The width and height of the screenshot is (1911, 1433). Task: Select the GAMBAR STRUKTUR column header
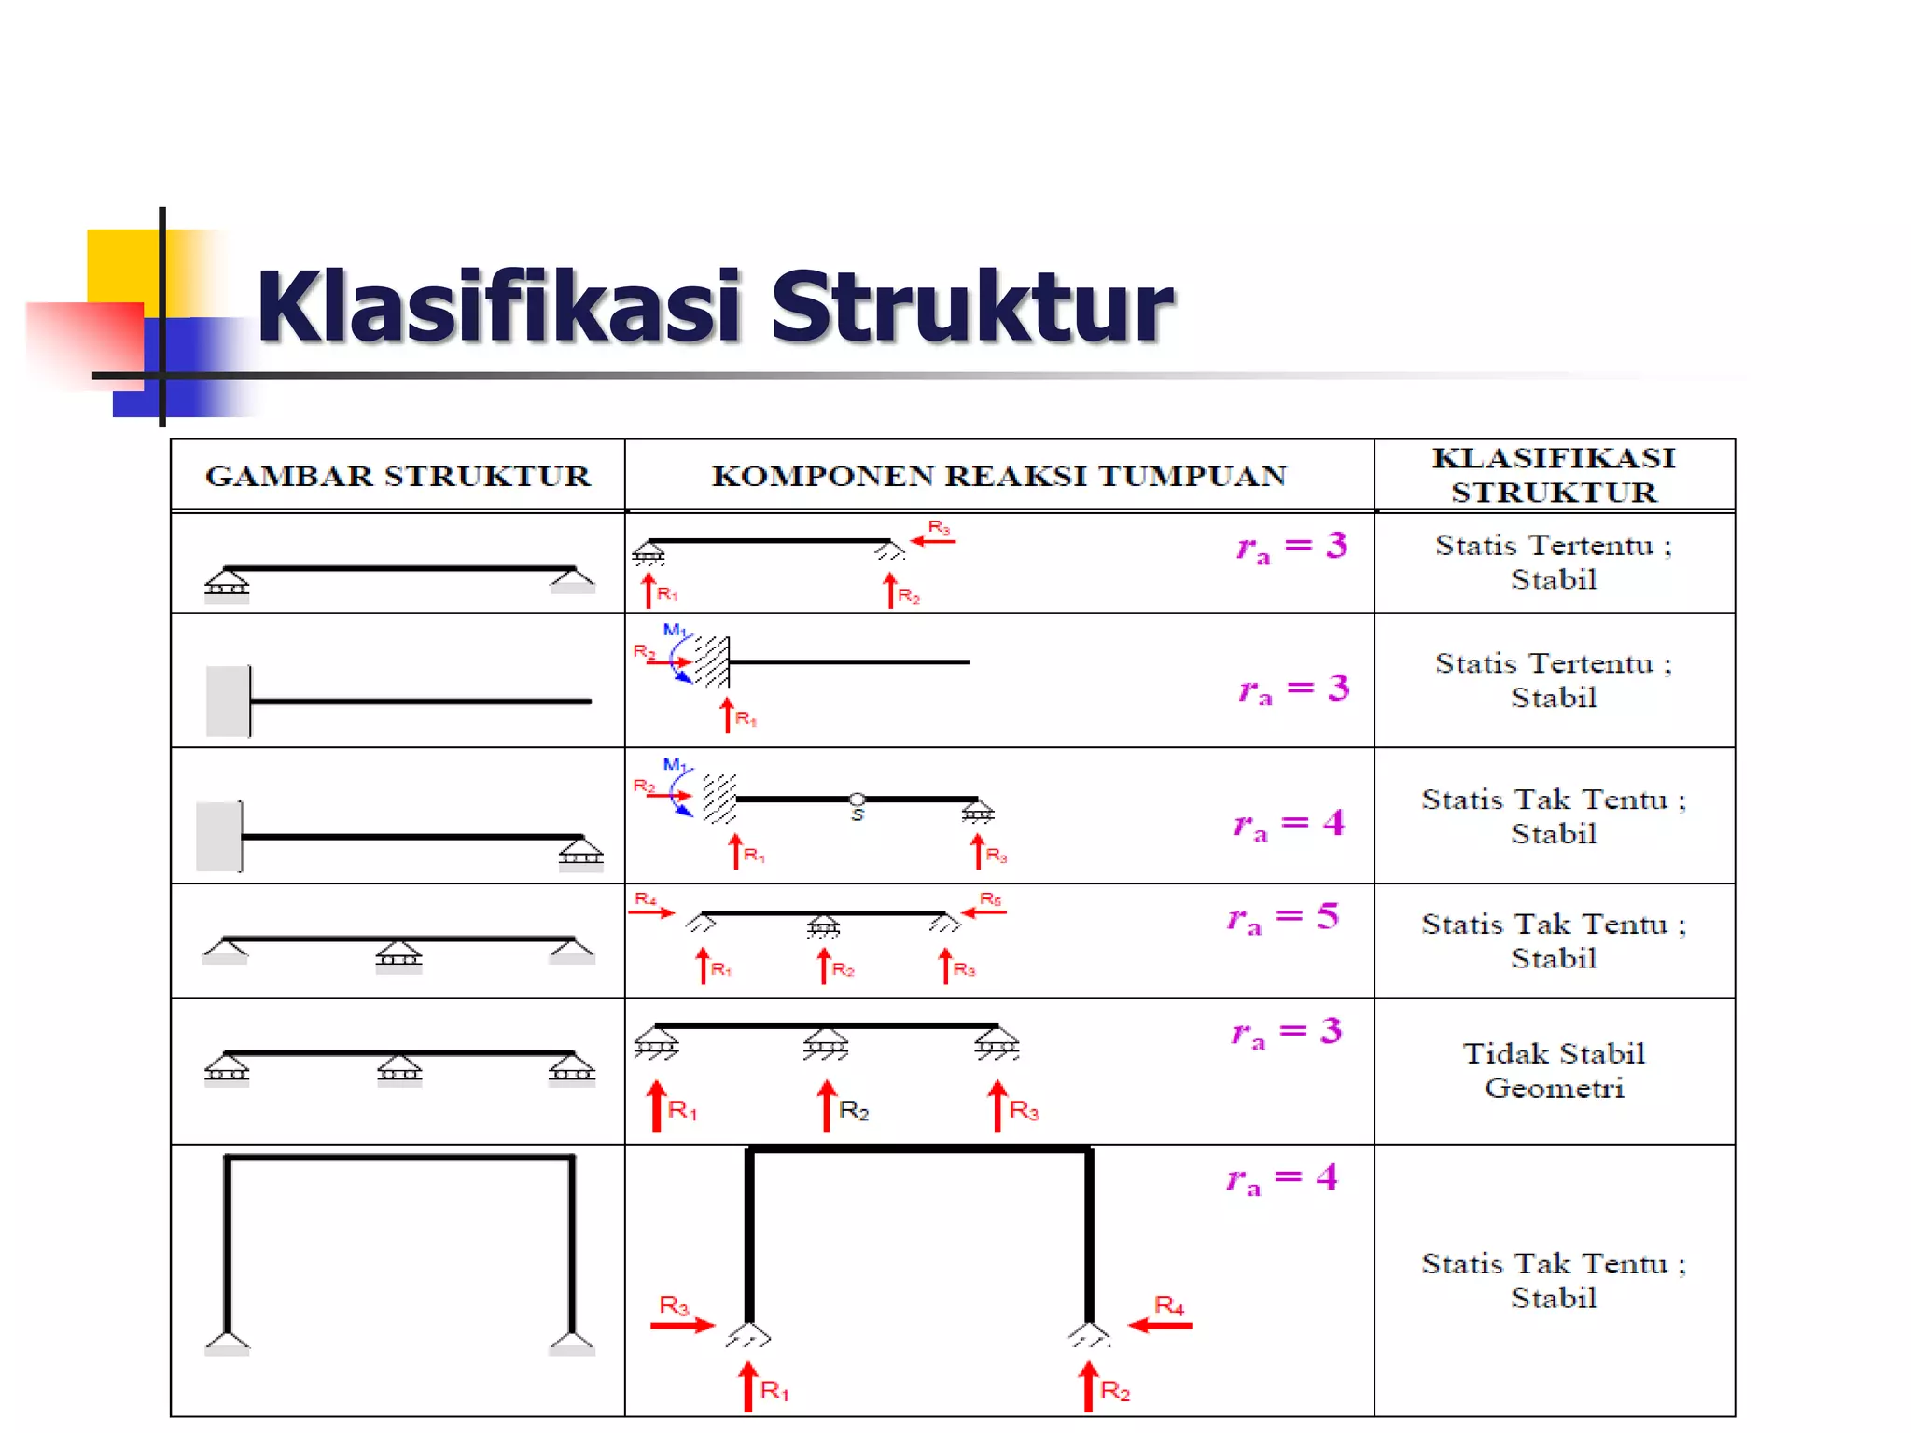coord(398,476)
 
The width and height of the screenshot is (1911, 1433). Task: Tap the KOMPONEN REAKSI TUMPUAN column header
coord(998,476)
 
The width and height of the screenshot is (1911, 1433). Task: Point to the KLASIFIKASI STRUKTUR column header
coord(1554,475)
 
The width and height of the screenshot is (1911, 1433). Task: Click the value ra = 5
coord(1284,917)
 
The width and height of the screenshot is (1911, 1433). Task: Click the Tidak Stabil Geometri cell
coord(1554,1070)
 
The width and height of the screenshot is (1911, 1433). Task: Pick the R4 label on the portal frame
coord(1169,1304)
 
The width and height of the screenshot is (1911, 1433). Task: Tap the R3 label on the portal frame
coord(674,1304)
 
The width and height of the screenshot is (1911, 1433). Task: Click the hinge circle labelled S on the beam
coord(857,800)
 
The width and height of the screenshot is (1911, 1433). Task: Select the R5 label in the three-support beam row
coord(990,899)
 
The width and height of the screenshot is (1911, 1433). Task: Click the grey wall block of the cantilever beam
coord(228,701)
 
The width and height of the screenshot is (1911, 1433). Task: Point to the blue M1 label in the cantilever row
coord(674,630)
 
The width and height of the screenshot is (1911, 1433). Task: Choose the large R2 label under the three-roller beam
coord(854,1110)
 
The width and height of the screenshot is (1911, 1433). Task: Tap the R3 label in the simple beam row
coord(939,528)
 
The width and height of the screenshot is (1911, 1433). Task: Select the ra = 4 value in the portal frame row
coord(1282,1178)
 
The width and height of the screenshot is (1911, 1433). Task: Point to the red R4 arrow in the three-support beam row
coord(651,911)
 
